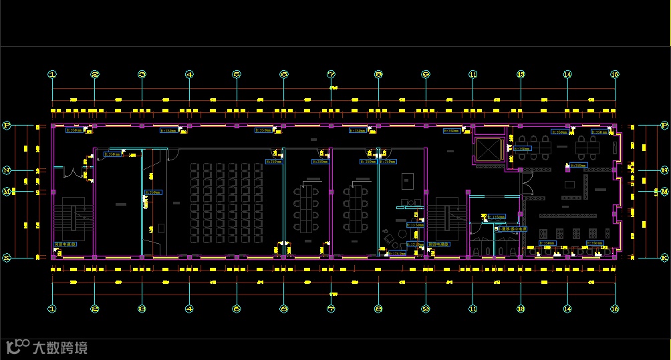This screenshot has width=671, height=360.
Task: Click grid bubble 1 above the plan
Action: (x=52, y=75)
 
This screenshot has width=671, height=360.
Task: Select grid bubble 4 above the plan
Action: (x=190, y=75)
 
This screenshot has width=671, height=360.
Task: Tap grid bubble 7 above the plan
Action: (x=331, y=75)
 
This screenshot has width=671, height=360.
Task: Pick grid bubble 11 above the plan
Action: (x=473, y=75)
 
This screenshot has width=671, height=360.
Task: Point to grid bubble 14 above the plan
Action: (x=567, y=75)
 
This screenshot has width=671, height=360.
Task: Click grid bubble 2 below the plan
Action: (x=95, y=309)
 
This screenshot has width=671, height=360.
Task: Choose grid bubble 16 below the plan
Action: (x=615, y=309)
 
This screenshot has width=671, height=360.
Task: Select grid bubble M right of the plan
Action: (x=664, y=192)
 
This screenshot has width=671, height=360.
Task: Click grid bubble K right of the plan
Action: (x=664, y=257)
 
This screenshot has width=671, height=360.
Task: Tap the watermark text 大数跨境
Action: (x=59, y=348)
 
